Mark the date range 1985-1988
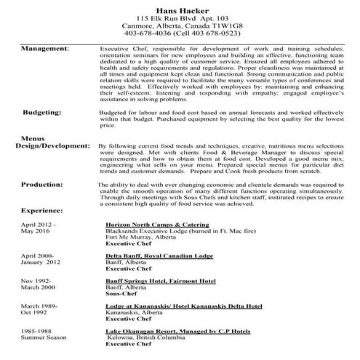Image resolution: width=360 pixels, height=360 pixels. [x=27, y=331]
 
